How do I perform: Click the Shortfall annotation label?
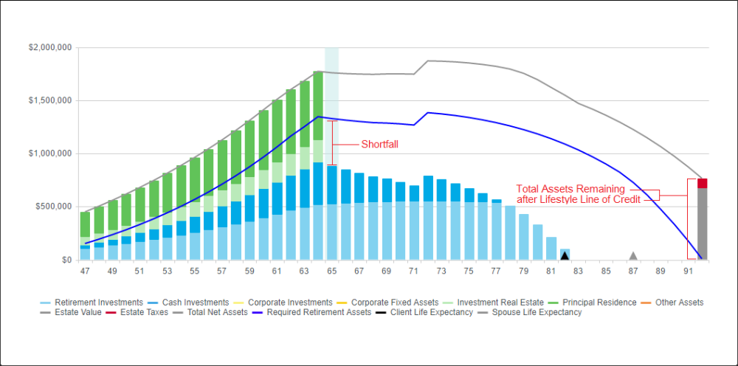point(379,145)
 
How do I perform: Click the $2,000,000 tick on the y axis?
point(50,47)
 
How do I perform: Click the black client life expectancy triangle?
point(565,255)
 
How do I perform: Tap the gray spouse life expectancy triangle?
point(632,255)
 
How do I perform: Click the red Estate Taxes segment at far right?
point(702,183)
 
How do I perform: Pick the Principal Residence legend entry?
point(599,303)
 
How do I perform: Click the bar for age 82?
point(565,253)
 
